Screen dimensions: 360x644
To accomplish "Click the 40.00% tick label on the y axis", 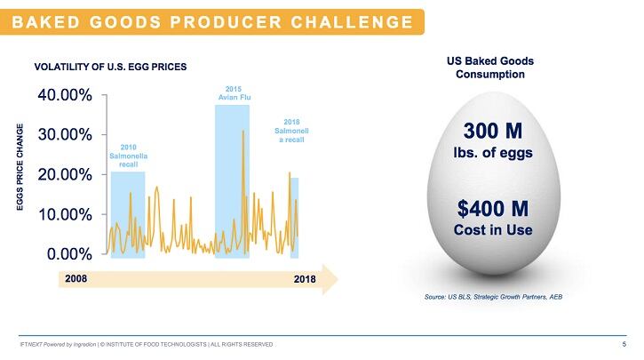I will pos(63,94).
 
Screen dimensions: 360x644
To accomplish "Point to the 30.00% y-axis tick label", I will pos(63,134).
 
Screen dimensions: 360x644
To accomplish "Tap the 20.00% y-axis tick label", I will pos(63,174).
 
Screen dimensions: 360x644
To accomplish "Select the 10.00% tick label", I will pos(63,214).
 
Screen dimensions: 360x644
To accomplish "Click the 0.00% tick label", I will pos(67,254).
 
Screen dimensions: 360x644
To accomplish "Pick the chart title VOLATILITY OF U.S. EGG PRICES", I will pos(110,67).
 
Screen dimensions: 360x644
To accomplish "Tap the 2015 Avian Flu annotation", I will pos(233,92).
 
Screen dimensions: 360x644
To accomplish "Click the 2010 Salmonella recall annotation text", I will pos(128,156).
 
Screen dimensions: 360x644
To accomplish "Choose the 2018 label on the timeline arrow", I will pos(305,280).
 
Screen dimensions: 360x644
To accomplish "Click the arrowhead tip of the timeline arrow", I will pos(338,278).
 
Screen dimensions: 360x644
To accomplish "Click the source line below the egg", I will pos(494,296).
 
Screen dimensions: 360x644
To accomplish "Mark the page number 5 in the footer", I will pos(624,344).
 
